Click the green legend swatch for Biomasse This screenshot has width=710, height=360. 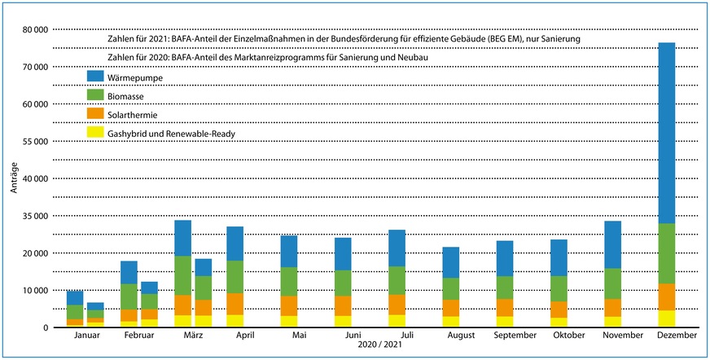tap(96, 96)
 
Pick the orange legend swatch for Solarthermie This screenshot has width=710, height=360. tap(96, 115)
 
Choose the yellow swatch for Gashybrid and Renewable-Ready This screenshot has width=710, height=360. tap(96, 134)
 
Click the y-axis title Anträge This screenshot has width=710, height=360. tap(14, 178)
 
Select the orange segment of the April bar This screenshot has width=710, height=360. tap(234, 304)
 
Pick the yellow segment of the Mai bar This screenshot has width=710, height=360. tap(288, 321)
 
